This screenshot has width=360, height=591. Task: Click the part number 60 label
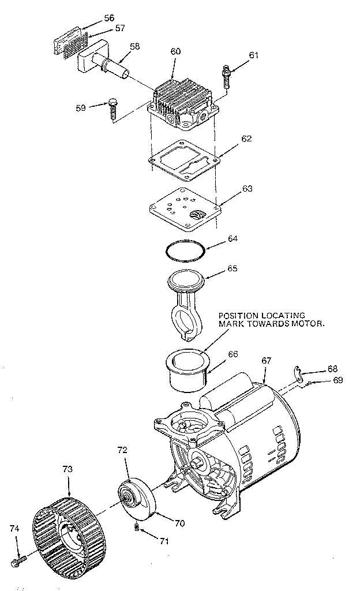[x=175, y=51]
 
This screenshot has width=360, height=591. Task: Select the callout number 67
[x=266, y=360]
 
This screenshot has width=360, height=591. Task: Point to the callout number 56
[x=108, y=18]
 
